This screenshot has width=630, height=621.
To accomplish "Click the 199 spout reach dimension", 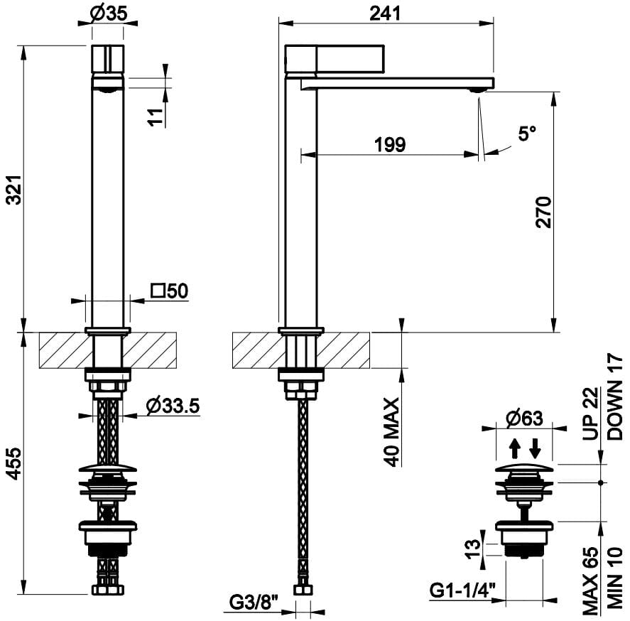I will coord(389,144).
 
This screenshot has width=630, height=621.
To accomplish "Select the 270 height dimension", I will coord(543,212).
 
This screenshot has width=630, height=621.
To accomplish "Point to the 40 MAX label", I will coord(391,432).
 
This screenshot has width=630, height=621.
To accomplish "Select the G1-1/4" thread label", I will coord(462,590).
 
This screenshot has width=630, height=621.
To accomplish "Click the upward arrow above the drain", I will coord(515,448).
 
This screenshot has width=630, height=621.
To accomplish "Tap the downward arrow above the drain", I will coord(535,448).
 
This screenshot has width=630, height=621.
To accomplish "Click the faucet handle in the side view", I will coord(335,60).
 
